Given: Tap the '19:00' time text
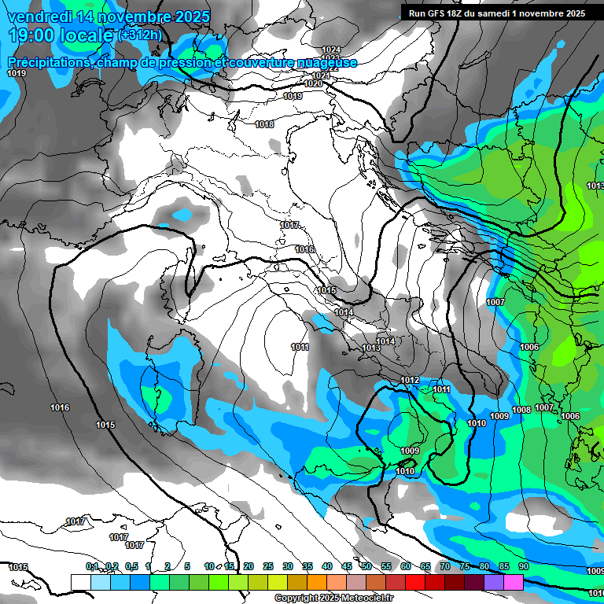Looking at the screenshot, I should tap(31, 35).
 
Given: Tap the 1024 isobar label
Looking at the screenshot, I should tap(331, 50).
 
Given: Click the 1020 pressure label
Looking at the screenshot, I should tap(312, 83).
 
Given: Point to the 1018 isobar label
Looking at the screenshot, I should tap(264, 124).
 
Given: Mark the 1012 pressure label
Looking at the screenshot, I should tap(410, 380).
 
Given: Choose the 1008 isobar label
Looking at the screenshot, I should tap(521, 410).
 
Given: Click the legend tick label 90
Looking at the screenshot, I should tap(523, 566).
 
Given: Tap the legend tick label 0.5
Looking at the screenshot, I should tap(131, 566).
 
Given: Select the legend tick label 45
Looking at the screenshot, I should tap(347, 566).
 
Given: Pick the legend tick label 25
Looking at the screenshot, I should tap(268, 566).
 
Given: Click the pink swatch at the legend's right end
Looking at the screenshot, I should tap(514, 582).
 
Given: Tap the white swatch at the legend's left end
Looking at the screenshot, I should tap(80, 582).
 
